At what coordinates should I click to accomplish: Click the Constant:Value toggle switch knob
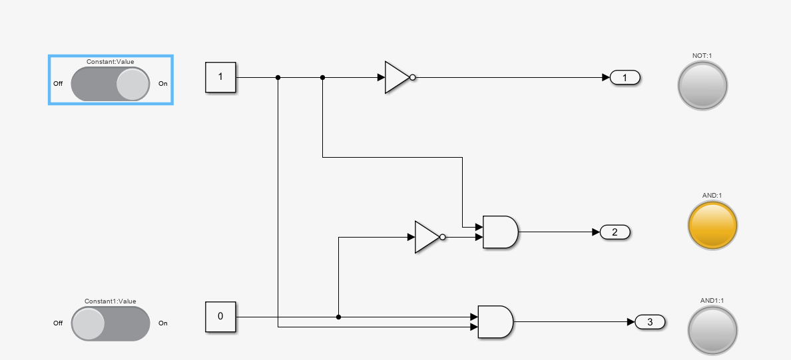click(x=132, y=85)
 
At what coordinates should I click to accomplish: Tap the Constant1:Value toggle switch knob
click(x=88, y=323)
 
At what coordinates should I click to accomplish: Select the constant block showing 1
click(x=220, y=77)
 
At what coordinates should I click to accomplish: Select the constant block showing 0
click(x=220, y=317)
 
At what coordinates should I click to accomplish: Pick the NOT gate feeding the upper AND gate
click(x=427, y=237)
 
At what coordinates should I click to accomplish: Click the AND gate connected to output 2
click(x=499, y=232)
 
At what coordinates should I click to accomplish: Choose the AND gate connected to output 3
click(x=495, y=321)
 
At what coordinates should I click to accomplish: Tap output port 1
click(x=625, y=78)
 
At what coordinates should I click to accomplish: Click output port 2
click(x=615, y=232)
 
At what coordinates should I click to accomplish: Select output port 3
click(x=650, y=322)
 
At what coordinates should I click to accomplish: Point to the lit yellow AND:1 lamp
click(x=712, y=225)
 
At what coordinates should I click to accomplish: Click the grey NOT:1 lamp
click(x=702, y=85)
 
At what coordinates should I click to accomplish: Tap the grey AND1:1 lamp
click(x=712, y=329)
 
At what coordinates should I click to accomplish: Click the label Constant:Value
click(x=110, y=62)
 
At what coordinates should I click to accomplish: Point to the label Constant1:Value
click(x=110, y=301)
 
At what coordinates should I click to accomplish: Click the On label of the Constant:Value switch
click(x=163, y=84)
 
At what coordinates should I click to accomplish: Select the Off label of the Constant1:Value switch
click(x=58, y=323)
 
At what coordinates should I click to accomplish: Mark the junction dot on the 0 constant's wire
click(x=338, y=317)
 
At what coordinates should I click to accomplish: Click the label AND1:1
click(x=712, y=301)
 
